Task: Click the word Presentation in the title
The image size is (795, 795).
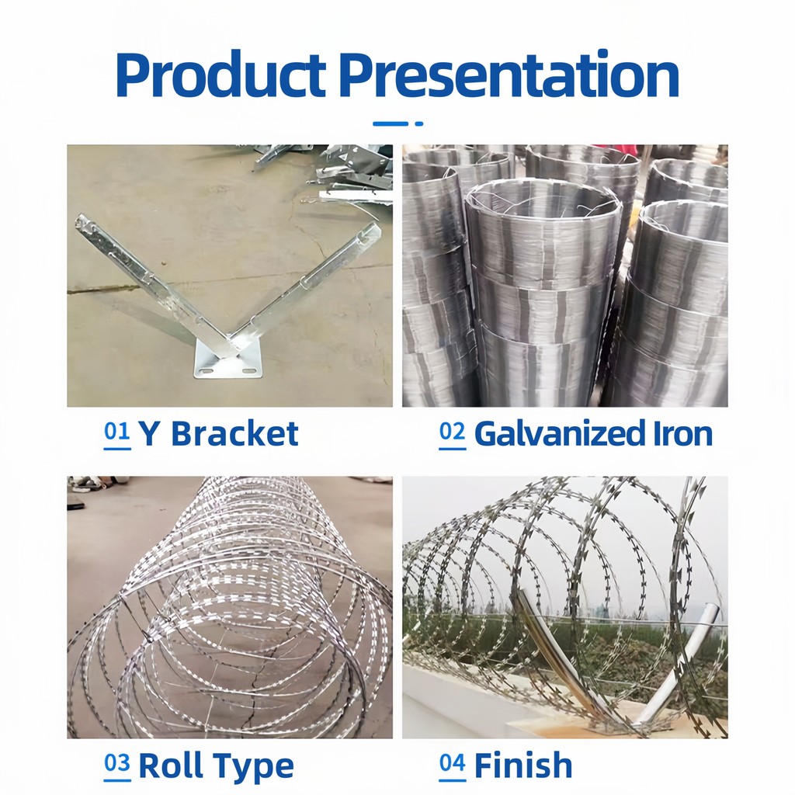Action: tap(509, 75)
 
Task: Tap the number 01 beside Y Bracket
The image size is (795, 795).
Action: tap(117, 432)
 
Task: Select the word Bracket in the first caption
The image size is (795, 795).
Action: tap(234, 434)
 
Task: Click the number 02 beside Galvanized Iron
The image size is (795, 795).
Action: tap(452, 432)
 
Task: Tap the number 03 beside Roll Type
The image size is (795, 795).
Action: tap(117, 765)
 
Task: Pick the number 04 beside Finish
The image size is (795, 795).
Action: tap(452, 765)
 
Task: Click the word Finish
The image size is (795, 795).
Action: tap(523, 766)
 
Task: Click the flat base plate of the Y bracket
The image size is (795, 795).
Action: tap(227, 365)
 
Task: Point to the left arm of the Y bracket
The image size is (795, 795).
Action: tap(148, 279)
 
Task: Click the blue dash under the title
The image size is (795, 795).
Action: tap(391, 123)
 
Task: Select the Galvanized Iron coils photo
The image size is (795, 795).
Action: tap(564, 276)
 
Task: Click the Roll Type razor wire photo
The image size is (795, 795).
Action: tap(229, 606)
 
